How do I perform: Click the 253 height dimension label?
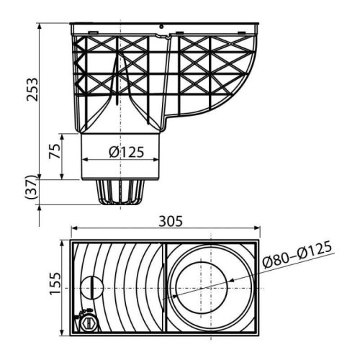point(32,89)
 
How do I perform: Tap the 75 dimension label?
point(54,151)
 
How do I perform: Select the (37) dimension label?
point(31,187)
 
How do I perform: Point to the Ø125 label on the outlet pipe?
point(127,152)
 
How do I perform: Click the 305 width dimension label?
point(171,221)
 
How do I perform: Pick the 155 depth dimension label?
point(55,283)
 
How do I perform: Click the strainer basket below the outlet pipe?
point(120,192)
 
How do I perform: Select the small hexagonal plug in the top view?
point(89,324)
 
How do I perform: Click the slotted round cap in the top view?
point(92,288)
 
